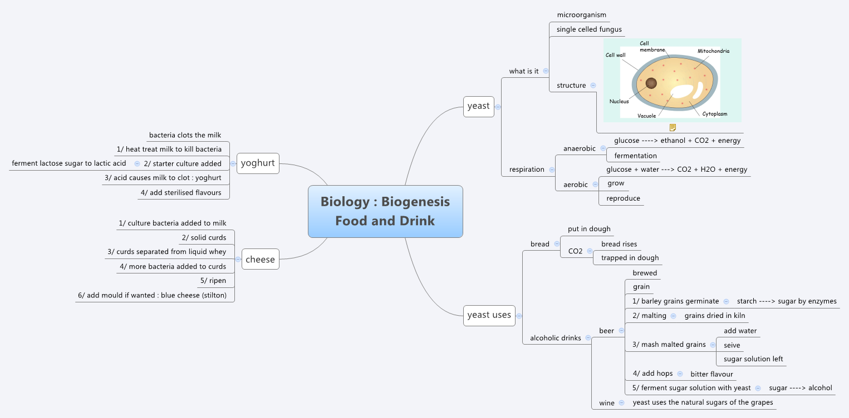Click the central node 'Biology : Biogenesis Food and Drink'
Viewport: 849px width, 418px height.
[x=385, y=211]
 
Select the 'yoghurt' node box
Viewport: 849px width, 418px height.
[x=258, y=163]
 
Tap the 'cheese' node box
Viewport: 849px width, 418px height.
[x=260, y=259]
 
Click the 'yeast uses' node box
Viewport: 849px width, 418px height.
[x=489, y=315]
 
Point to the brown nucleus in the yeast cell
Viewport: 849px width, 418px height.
[x=651, y=83]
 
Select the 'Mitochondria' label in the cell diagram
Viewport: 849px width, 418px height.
[x=713, y=51]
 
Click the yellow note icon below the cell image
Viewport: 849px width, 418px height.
[x=673, y=127]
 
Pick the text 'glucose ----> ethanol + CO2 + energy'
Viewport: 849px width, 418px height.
[x=677, y=141]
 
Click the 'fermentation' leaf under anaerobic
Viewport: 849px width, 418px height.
[x=635, y=156]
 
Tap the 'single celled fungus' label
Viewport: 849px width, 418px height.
[x=589, y=29]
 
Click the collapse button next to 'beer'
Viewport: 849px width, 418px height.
[x=621, y=331]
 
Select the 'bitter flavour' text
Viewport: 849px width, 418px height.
[x=711, y=374]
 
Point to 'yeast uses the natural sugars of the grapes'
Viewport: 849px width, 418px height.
[x=703, y=402]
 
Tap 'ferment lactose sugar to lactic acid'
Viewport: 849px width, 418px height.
[x=69, y=163]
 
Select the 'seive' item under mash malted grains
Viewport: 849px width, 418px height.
[x=732, y=345]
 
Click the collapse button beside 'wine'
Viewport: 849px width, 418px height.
[x=621, y=402]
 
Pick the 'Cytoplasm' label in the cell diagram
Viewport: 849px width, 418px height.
[x=714, y=114]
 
